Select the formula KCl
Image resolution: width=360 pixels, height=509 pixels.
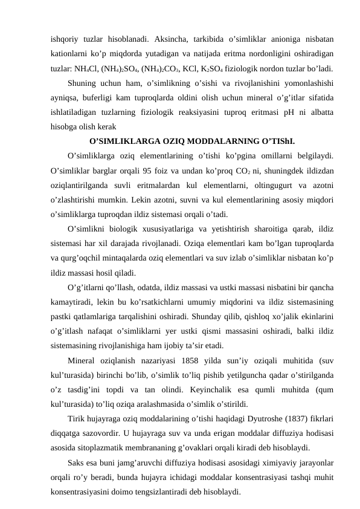(x=207, y=66)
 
